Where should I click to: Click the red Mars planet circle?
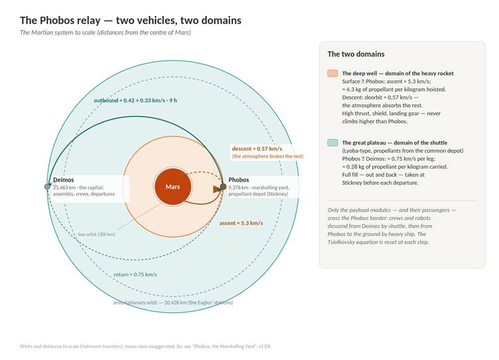[173, 187]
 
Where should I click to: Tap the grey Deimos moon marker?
[47, 187]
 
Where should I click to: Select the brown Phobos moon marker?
[223, 187]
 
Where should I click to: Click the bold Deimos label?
[63, 180]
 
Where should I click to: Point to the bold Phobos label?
[239, 180]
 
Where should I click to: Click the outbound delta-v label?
[135, 100]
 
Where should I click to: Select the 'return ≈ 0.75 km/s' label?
[135, 274]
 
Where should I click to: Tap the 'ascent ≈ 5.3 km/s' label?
[242, 223]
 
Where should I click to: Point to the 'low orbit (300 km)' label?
[97, 234]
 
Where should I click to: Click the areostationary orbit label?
[173, 302]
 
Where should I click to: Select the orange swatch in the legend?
[332, 73]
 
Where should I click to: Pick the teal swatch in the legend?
[332, 142]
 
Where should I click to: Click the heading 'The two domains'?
[356, 54]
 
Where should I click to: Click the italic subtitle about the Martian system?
[106, 33]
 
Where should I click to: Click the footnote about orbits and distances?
[145, 346]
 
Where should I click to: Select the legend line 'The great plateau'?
[395, 143]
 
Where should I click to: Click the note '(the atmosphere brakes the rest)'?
[267, 156]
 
